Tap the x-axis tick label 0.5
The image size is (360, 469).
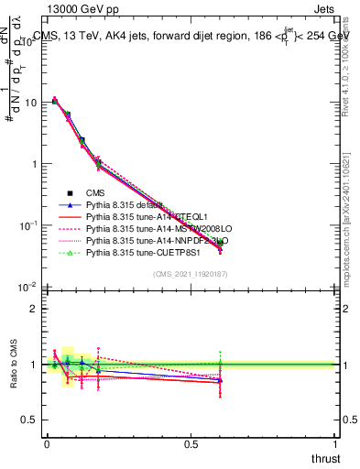point(191,444)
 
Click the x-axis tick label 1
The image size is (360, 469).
point(334,444)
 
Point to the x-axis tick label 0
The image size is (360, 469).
point(47,444)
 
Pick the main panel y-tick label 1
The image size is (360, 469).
point(33,164)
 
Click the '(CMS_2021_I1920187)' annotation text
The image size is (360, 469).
point(191,274)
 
